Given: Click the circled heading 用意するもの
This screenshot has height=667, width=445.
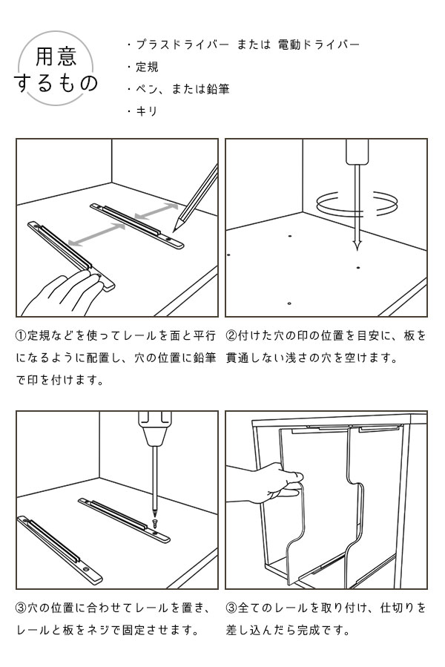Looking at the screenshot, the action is (x=56, y=69).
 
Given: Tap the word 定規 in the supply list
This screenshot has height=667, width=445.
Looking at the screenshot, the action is (x=147, y=67).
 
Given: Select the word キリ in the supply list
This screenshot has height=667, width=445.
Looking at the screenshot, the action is (x=147, y=111).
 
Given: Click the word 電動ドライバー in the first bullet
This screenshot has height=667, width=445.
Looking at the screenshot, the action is (x=319, y=45).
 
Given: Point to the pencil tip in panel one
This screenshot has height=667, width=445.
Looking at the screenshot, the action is (x=174, y=231).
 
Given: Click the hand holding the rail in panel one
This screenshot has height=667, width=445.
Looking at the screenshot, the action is (x=62, y=295).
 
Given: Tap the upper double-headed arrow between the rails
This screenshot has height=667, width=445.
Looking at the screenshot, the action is (x=156, y=211).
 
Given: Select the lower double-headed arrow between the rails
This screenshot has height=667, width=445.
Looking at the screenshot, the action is (x=96, y=234).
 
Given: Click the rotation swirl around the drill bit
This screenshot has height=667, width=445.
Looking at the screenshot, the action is (x=357, y=203).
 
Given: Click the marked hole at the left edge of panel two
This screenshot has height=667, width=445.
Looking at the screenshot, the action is (x=229, y=254).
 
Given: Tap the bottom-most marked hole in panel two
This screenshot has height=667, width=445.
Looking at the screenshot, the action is (x=289, y=303).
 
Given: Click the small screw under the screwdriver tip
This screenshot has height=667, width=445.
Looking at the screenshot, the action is (x=154, y=522).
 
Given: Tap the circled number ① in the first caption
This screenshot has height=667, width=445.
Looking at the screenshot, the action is (x=22, y=335).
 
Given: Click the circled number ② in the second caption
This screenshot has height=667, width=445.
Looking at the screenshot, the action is (x=231, y=335).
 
